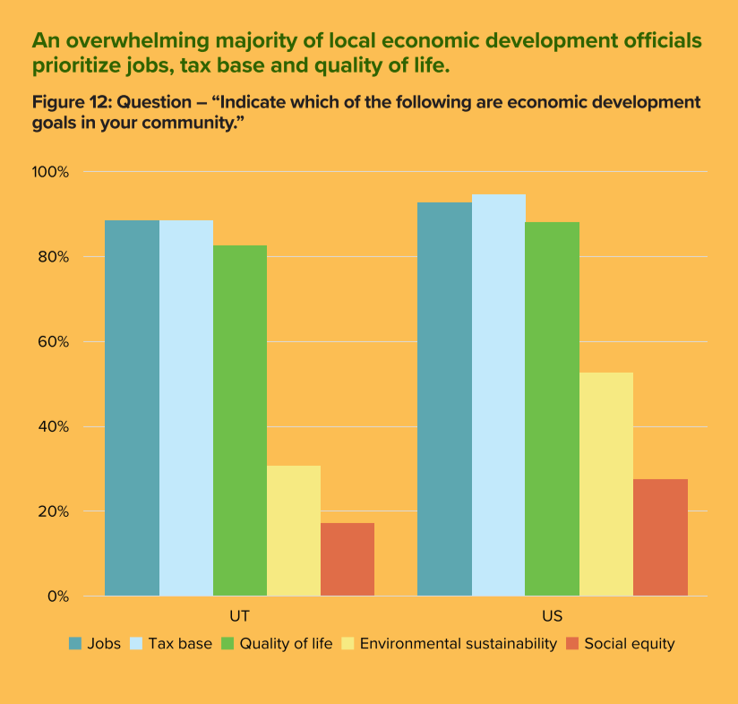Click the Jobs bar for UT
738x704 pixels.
coord(133,408)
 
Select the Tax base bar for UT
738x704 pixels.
coord(186,408)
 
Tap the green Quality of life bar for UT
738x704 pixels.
coord(240,420)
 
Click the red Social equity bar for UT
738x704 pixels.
coord(348,559)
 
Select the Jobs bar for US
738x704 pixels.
coord(445,399)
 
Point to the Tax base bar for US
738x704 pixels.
coord(499,395)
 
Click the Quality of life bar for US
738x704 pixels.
coord(553,408)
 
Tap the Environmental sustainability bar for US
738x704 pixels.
coord(606,484)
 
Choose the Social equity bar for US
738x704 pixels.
coord(661,537)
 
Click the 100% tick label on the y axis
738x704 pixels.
coord(51,172)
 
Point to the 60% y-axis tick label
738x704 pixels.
coord(54,342)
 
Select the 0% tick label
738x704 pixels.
coord(57,597)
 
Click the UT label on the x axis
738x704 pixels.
coord(240,616)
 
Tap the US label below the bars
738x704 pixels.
coord(553,616)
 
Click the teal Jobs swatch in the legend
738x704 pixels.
coord(76,643)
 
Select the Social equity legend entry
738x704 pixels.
coord(629,643)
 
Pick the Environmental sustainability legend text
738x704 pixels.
coord(458,643)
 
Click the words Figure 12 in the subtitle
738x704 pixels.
coord(71,103)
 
